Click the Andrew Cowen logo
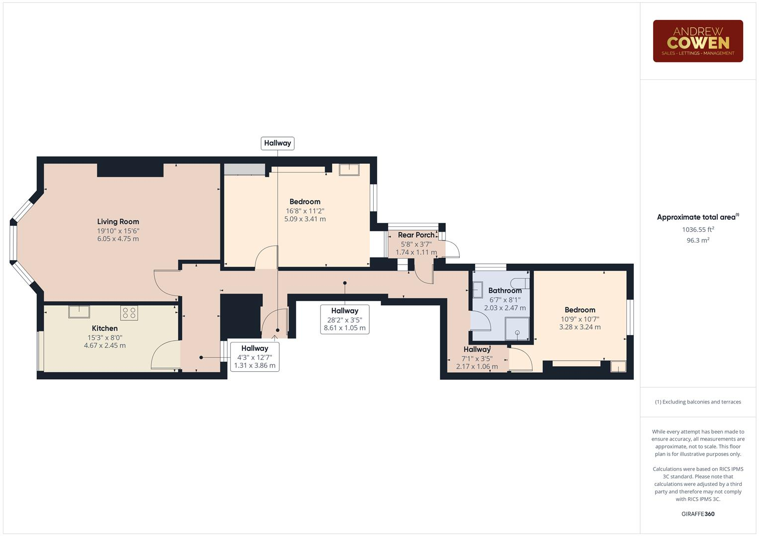pyautogui.click(x=697, y=41)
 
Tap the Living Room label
pyautogui.click(x=118, y=222)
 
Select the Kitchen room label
pyautogui.click(x=105, y=328)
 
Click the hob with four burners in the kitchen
pyautogui.click(x=129, y=313)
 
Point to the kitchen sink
pyautogui.click(x=79, y=311)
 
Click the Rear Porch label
pyautogui.click(x=416, y=235)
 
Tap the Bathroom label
pyautogui.click(x=505, y=290)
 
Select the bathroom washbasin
pyautogui.click(x=477, y=289)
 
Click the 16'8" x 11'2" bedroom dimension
pyautogui.click(x=305, y=210)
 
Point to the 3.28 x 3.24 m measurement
pyautogui.click(x=580, y=327)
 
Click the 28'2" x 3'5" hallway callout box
pyautogui.click(x=344, y=319)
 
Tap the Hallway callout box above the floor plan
pyautogui.click(x=277, y=143)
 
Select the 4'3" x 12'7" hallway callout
pyautogui.click(x=254, y=357)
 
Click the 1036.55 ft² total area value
pyautogui.click(x=697, y=229)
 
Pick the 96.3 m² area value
pyautogui.click(x=697, y=240)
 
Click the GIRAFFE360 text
pyautogui.click(x=697, y=514)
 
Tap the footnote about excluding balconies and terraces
pyautogui.click(x=697, y=402)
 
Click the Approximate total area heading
pyautogui.click(x=697, y=217)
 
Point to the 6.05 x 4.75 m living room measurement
pyautogui.click(x=118, y=239)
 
